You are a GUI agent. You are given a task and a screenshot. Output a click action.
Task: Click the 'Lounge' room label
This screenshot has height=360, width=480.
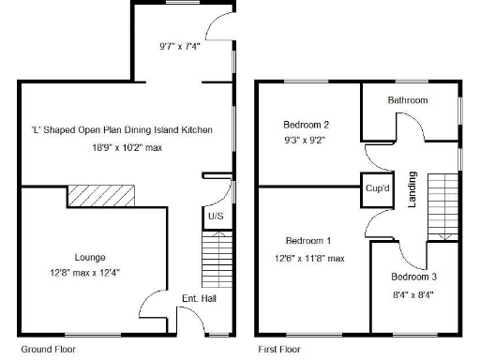90,257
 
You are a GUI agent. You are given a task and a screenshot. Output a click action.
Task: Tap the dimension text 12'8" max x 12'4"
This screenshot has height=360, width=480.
90,273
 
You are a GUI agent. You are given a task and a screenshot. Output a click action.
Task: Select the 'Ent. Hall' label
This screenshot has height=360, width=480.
198,299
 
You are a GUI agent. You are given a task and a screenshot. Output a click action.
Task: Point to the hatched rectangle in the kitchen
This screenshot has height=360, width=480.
101,194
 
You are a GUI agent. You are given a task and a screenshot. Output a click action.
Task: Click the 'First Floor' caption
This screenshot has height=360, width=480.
279,349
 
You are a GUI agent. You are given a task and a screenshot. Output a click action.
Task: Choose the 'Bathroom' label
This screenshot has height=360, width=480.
408,100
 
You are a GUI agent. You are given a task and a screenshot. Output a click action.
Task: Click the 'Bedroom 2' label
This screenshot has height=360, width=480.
306,124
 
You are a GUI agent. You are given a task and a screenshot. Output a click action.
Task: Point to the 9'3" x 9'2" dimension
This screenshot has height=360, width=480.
307,140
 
